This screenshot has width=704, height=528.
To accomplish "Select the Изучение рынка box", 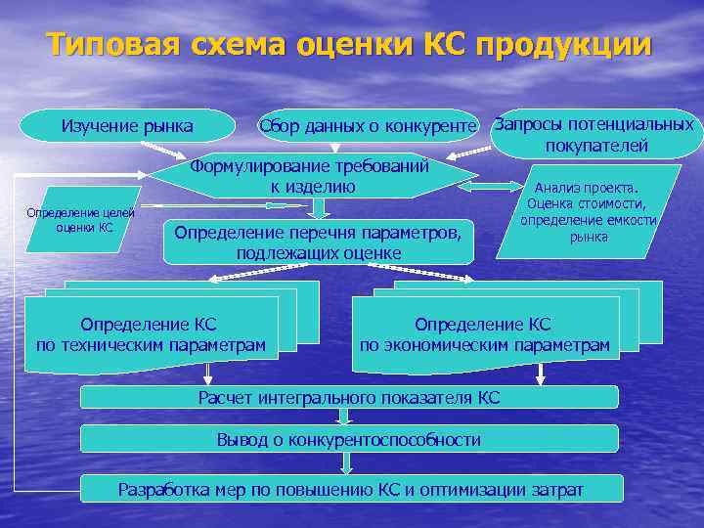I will pyautogui.click(x=127, y=126).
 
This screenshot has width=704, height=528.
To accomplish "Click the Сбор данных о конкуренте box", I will pyautogui.click(x=367, y=126).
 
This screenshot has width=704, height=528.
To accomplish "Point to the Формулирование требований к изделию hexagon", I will pyautogui.click(x=310, y=176).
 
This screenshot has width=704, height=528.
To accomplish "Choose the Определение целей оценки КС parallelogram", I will pyautogui.click(x=83, y=220).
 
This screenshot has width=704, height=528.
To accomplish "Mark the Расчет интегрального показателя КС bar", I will pyautogui.click(x=349, y=397).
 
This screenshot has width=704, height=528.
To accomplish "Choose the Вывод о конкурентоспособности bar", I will pyautogui.click(x=349, y=439).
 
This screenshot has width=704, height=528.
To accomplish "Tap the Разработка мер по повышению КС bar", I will pyautogui.click(x=349, y=489).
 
